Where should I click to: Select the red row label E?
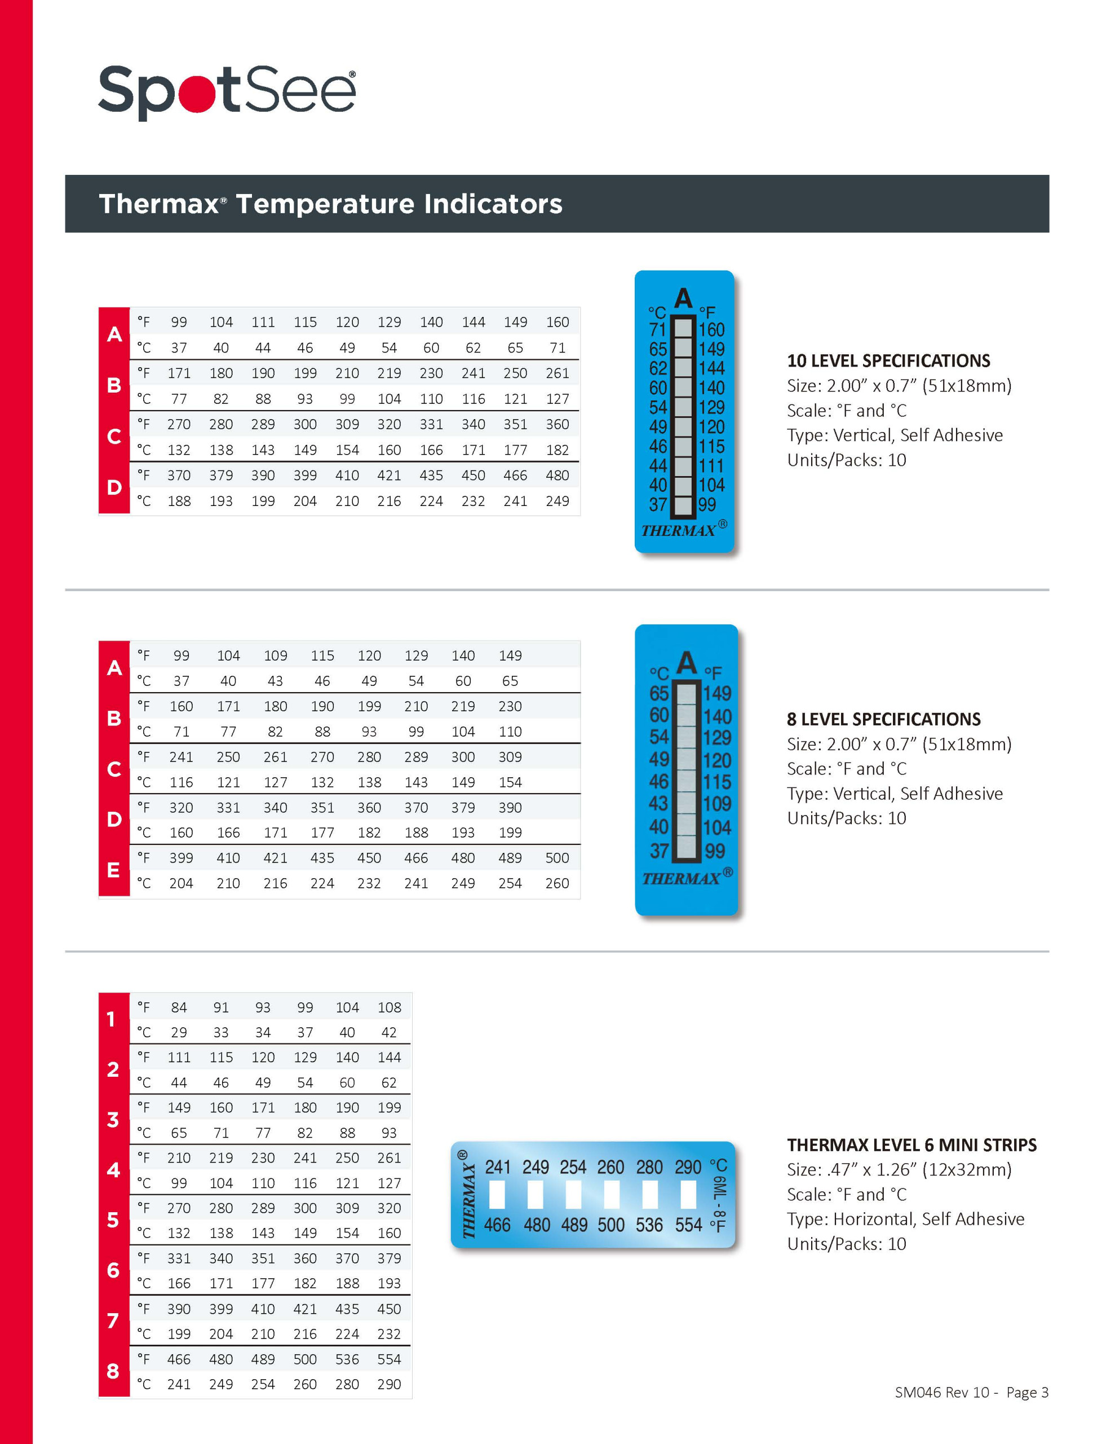[x=114, y=870]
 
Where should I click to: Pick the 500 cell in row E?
[x=556, y=857]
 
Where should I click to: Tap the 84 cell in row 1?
[x=179, y=1007]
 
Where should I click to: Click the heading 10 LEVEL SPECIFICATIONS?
[x=888, y=360]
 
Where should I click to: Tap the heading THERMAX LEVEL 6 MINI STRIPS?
[x=912, y=1144]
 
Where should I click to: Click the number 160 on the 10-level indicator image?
[x=712, y=329]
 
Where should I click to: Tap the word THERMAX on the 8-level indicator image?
[x=681, y=879]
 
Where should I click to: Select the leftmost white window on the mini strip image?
[x=497, y=1195]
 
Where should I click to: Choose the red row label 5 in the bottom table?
[x=113, y=1220]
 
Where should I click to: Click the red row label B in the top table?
[x=114, y=385]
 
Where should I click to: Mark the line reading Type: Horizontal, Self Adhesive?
[x=905, y=1218]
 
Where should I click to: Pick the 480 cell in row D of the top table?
[x=556, y=476]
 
